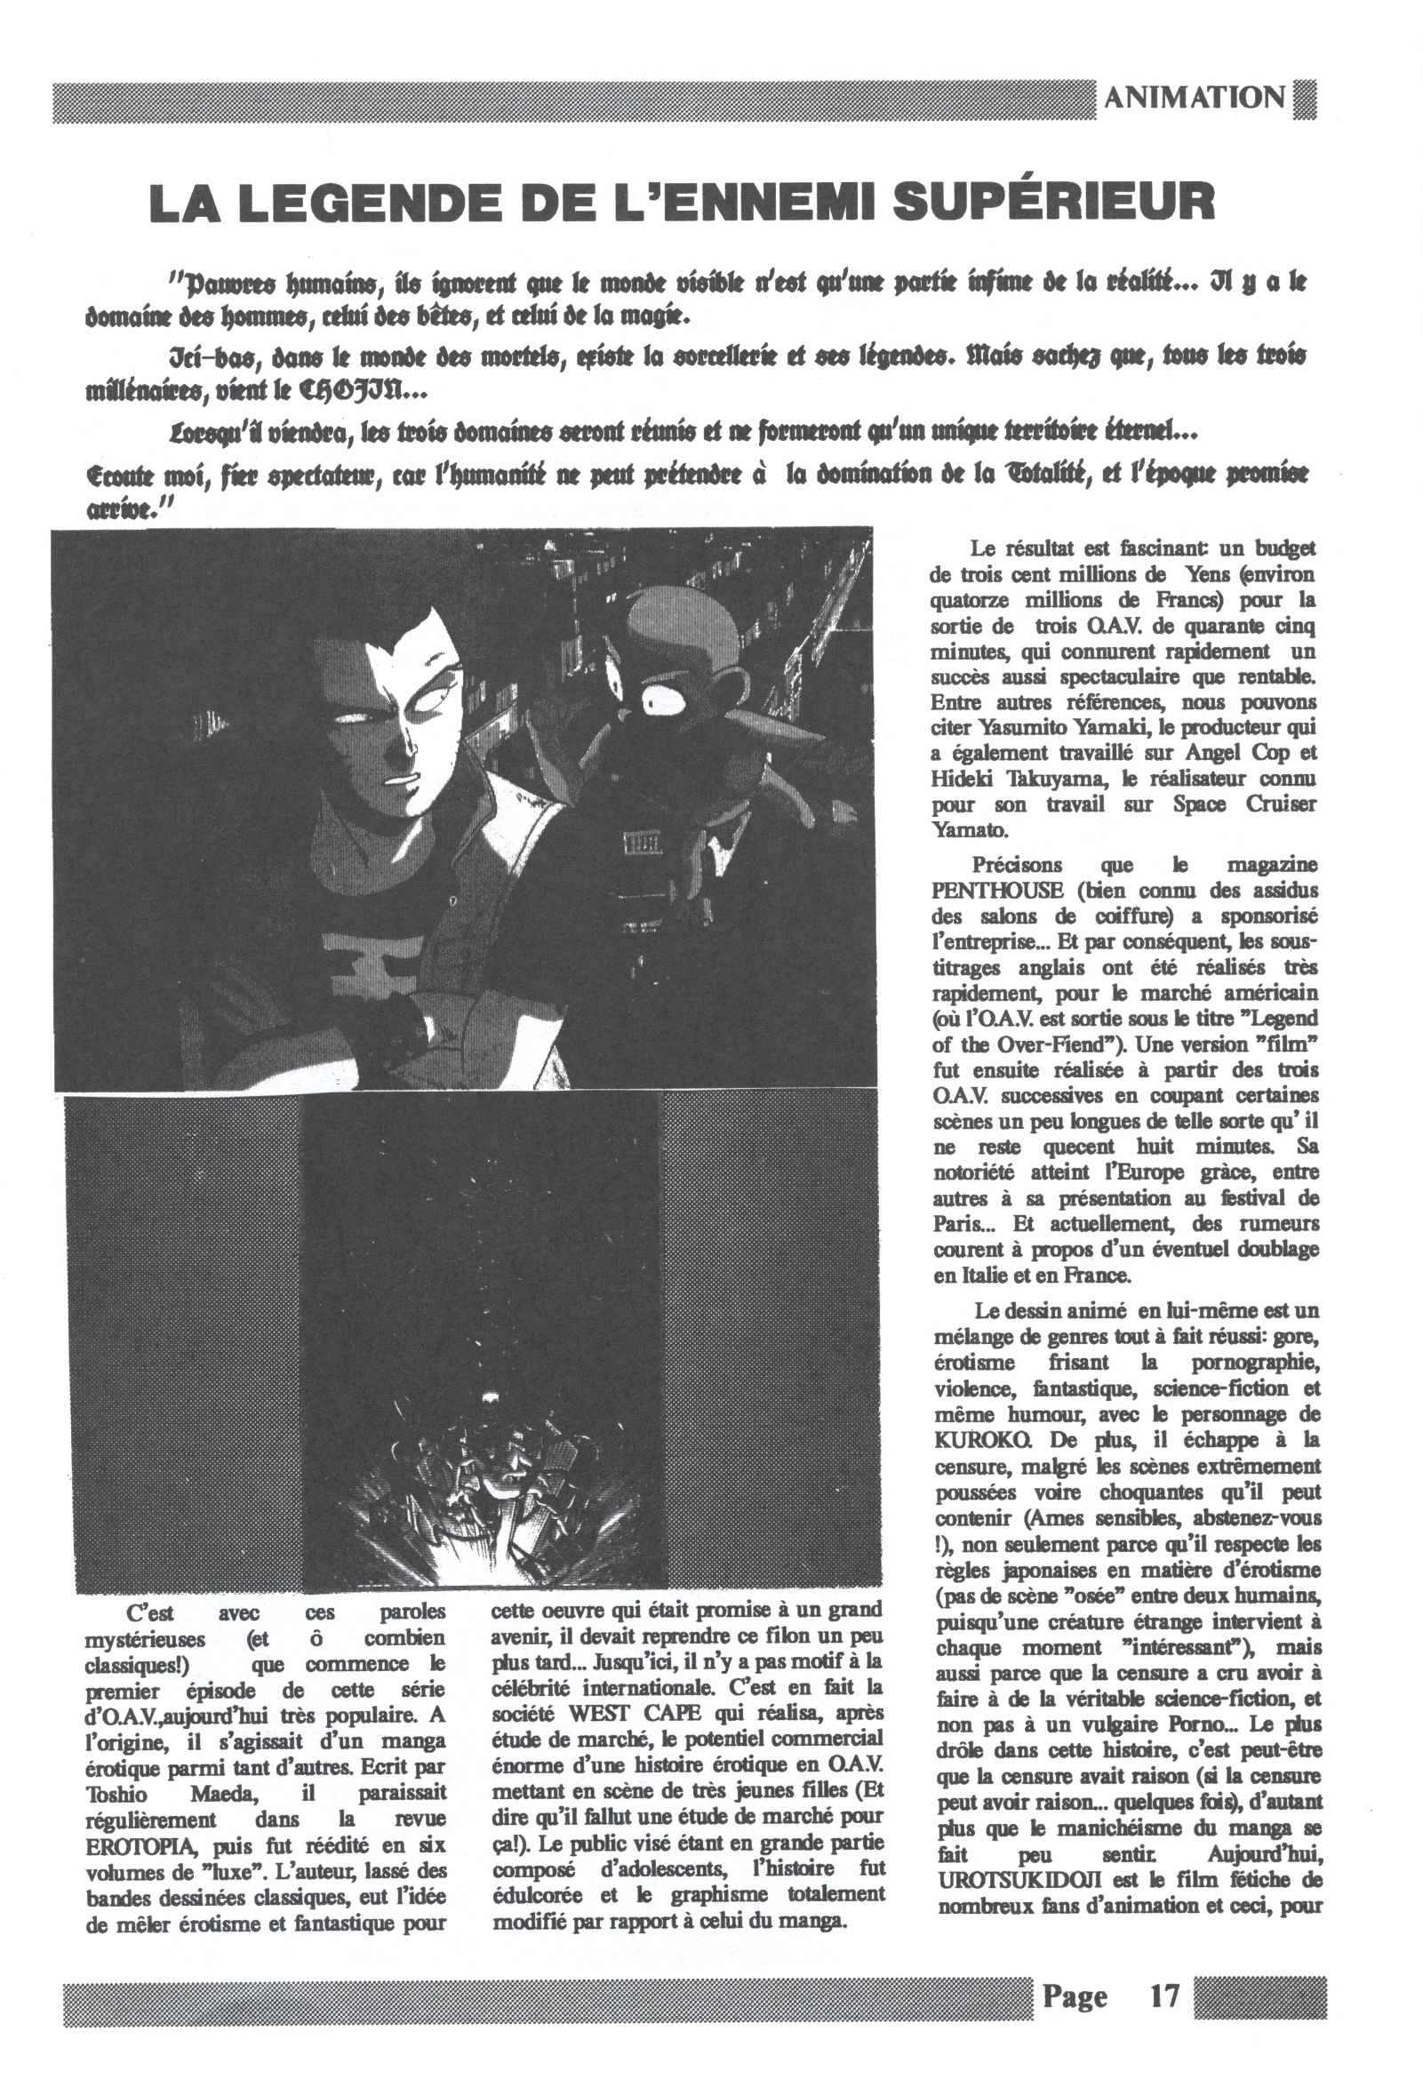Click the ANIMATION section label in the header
pyautogui.click(x=1195, y=98)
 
